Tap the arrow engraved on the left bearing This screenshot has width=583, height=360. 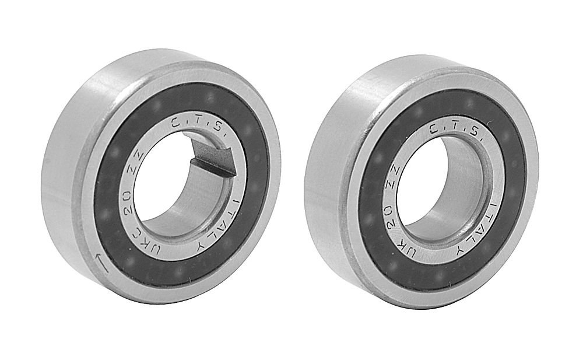[101, 263]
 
